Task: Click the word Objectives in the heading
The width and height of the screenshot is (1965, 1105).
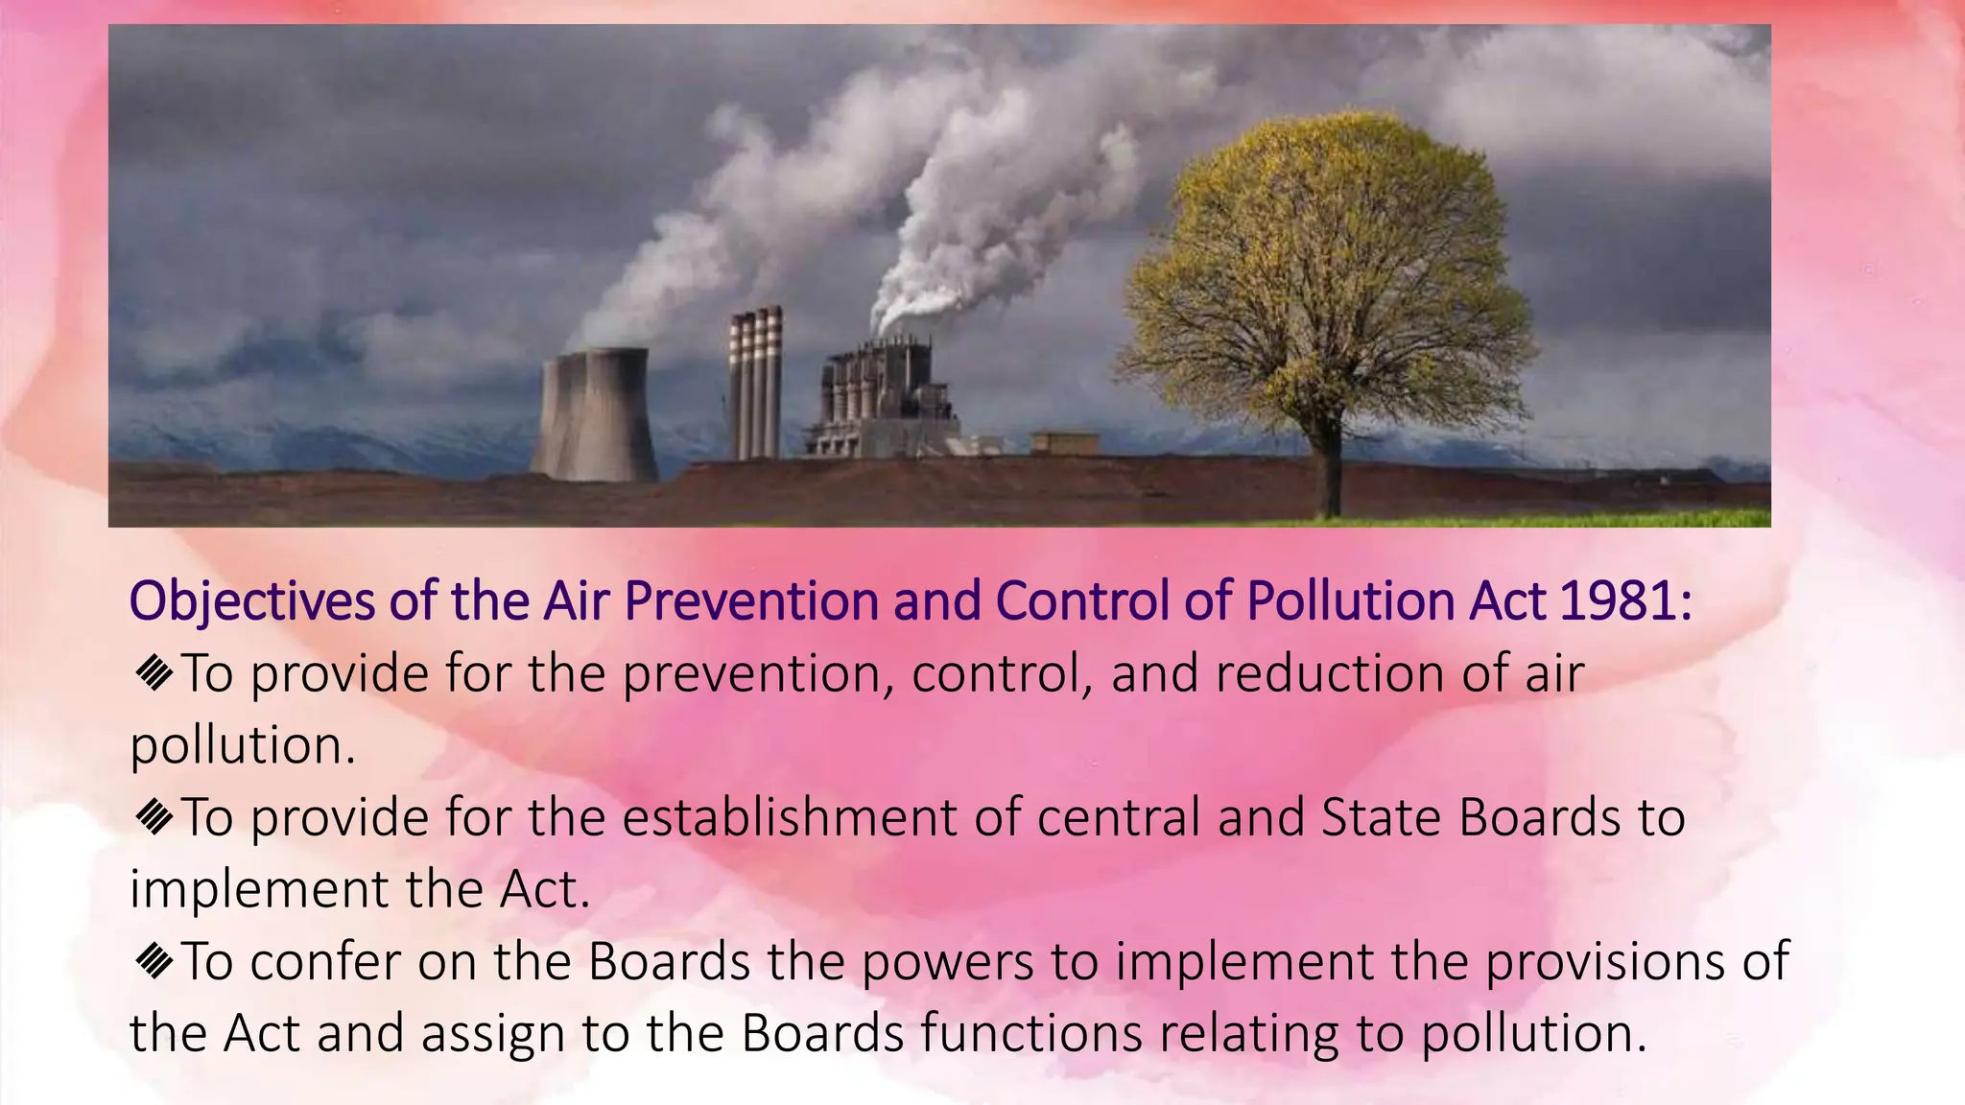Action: point(252,602)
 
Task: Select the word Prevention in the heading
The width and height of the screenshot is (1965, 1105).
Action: point(751,600)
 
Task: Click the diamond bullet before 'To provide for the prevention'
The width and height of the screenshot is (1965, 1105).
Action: point(154,672)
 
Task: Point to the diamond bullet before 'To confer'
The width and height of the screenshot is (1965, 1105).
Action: point(154,960)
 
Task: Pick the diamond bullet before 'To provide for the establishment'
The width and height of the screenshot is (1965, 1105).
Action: point(154,816)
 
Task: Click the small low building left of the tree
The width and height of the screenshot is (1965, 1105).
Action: point(1064,443)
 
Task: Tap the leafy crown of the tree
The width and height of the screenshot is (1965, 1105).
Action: point(1329,269)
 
